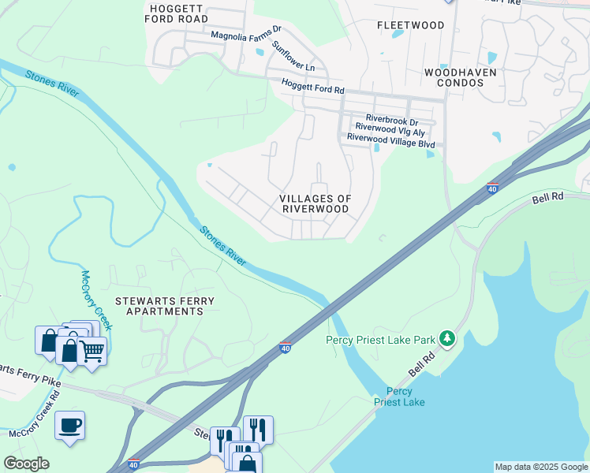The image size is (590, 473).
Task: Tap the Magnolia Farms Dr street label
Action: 246,35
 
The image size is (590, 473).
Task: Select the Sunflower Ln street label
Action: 293,55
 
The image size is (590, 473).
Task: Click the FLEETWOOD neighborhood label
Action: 410,25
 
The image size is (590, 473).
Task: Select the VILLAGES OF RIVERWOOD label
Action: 316,203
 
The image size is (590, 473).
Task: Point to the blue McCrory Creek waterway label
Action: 97,300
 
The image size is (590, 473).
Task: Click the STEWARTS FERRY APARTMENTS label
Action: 159,306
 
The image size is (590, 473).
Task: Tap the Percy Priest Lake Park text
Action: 380,340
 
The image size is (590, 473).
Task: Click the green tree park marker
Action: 447,339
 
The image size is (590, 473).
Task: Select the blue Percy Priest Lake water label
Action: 399,397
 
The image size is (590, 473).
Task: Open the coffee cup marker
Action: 69,426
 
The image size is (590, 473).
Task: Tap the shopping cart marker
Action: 92,351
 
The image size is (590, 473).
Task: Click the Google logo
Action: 26,464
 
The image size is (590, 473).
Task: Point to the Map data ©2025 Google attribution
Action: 540,467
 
